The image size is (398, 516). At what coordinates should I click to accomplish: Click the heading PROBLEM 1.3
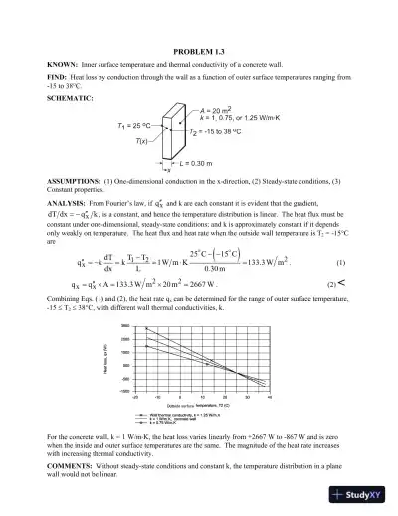(199, 51)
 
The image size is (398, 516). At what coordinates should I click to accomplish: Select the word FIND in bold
(57, 77)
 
